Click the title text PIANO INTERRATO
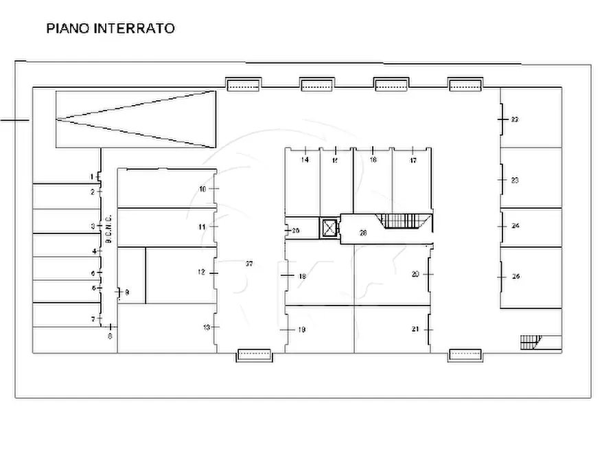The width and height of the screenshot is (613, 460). click(x=110, y=29)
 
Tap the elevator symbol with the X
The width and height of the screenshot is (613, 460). click(x=329, y=227)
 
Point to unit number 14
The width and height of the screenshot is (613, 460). click(x=305, y=160)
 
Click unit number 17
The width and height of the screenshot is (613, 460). click(x=413, y=160)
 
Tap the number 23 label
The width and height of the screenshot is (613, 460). click(x=515, y=180)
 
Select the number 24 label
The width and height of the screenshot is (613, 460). click(x=516, y=225)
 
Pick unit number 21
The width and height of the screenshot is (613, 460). click(x=415, y=330)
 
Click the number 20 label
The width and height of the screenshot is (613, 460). click(x=415, y=273)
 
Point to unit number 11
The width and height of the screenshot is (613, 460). click(x=202, y=227)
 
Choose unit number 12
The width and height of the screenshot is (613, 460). click(x=201, y=273)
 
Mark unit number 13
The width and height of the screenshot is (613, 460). click(x=206, y=327)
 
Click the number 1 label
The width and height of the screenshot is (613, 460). click(x=92, y=177)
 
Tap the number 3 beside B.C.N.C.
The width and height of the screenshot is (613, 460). click(x=93, y=226)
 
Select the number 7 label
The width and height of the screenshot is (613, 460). click(x=93, y=319)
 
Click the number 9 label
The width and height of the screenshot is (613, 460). click(x=127, y=293)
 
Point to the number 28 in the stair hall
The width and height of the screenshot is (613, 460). click(x=363, y=233)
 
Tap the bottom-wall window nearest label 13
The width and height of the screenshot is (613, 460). click(x=255, y=355)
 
